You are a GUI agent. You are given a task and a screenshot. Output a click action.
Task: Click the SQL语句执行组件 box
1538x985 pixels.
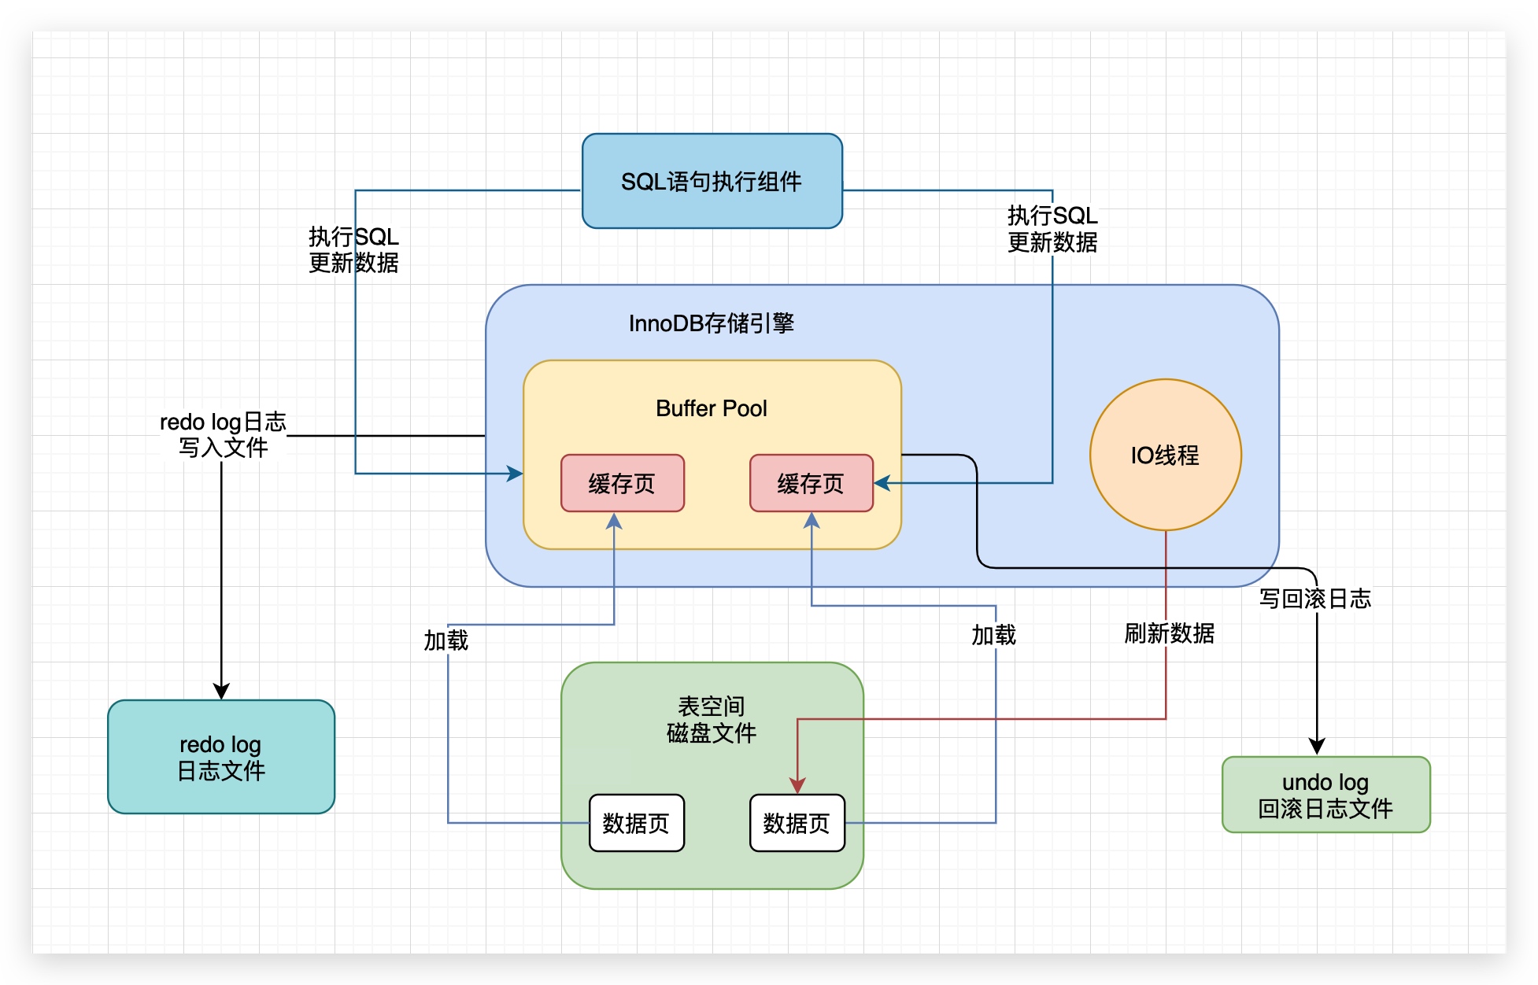point(712,181)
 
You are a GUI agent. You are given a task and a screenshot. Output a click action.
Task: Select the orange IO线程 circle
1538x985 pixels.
point(1166,455)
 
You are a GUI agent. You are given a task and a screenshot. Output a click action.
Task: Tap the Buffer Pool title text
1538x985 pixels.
point(712,408)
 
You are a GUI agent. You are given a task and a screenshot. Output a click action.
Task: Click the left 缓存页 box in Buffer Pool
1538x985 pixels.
point(623,483)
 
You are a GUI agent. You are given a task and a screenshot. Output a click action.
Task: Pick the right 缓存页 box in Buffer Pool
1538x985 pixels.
point(812,483)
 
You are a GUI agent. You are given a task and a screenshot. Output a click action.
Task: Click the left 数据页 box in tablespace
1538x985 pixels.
point(637,823)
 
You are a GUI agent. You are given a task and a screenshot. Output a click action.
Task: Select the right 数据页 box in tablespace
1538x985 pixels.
point(797,823)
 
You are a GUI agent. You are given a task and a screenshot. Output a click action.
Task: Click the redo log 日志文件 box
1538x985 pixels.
point(221,757)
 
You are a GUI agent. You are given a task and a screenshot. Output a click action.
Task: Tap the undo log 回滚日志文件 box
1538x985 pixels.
point(1326,795)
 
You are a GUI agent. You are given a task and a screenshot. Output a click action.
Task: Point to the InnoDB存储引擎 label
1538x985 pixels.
point(712,323)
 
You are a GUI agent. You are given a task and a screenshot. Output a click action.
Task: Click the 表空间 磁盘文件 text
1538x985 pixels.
point(712,720)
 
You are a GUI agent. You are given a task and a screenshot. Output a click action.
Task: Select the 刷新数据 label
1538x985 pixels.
point(1170,633)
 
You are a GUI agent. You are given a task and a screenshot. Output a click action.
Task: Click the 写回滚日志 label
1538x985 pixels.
point(1315,599)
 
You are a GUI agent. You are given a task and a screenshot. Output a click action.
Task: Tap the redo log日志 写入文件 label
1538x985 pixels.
point(223,435)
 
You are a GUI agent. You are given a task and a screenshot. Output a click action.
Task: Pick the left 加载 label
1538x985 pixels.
point(446,641)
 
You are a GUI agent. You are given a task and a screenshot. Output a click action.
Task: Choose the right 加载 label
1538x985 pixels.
point(994,635)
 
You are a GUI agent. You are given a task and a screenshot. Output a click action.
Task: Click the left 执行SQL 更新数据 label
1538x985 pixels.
point(353,249)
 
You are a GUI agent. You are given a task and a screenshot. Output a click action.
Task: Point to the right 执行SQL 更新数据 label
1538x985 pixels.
point(1052,229)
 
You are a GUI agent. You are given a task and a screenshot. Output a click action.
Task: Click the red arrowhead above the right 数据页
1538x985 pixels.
point(797,786)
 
